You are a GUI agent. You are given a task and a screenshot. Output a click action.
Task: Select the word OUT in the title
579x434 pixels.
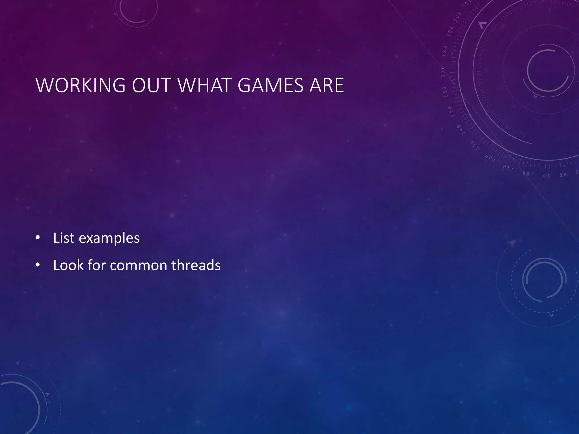click(152, 85)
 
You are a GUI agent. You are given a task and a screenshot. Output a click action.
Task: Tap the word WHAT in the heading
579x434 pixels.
click(205, 85)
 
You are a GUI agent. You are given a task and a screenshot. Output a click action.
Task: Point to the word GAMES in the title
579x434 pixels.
click(271, 85)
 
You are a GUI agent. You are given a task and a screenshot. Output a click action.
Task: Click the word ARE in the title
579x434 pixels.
click(327, 85)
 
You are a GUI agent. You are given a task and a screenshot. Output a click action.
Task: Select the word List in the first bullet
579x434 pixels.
click(64, 238)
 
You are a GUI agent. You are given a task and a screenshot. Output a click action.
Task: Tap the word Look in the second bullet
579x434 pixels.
click(68, 265)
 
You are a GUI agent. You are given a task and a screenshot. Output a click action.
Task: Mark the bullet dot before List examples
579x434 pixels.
click(38, 238)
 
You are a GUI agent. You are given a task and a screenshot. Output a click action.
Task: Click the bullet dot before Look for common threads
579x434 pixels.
click(38, 265)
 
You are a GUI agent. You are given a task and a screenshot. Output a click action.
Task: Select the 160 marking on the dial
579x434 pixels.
click(445, 92)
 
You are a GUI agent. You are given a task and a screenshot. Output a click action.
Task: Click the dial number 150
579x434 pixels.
click(451, 112)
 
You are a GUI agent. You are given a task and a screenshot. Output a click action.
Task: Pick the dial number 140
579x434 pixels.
click(461, 130)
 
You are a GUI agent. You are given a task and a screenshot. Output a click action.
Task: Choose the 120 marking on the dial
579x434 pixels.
click(490, 159)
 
